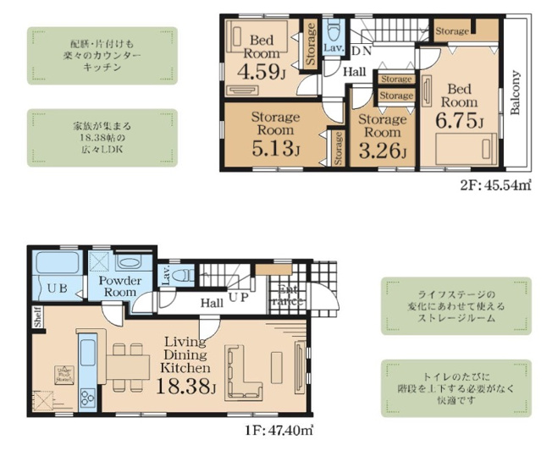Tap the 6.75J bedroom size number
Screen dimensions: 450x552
click(x=459, y=120)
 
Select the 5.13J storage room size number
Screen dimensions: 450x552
click(x=273, y=150)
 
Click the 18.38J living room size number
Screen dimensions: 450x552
click(x=188, y=387)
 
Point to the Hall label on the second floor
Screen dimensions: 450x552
click(x=355, y=72)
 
